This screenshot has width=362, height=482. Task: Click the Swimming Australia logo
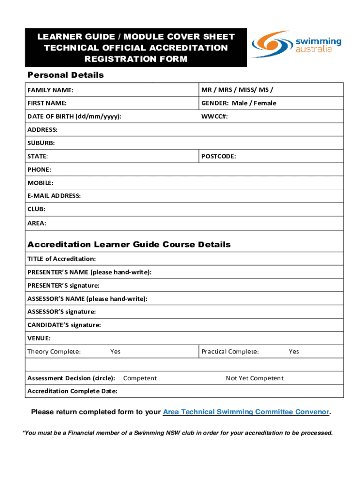[297, 44]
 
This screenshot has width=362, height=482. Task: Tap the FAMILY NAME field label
[50, 90]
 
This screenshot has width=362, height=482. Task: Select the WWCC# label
[214, 116]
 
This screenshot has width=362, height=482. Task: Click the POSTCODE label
[219, 156]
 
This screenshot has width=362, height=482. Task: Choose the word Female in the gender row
[265, 103]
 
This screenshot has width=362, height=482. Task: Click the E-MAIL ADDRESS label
[54, 195]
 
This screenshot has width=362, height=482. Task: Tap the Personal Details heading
[65, 75]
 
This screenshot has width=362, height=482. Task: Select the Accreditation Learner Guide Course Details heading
[129, 245]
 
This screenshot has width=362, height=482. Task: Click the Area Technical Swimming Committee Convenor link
[246, 412]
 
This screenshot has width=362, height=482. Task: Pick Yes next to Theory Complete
[115, 352]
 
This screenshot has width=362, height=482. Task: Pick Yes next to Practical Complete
[294, 352]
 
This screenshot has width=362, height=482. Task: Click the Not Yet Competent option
[254, 378]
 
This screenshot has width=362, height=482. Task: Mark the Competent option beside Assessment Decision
[140, 378]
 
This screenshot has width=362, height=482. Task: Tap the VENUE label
[39, 338]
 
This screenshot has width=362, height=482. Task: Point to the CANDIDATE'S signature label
[64, 325]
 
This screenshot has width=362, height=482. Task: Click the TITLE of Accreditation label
[62, 259]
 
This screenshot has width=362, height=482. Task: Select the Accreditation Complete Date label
[72, 391]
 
